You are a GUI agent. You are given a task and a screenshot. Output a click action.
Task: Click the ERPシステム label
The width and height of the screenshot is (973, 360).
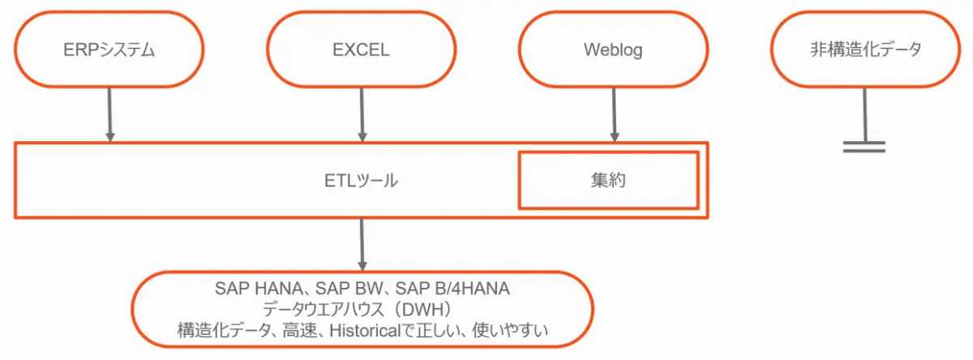pyautogui.click(x=109, y=50)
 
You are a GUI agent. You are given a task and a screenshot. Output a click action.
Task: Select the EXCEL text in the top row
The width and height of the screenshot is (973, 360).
pyautogui.click(x=361, y=50)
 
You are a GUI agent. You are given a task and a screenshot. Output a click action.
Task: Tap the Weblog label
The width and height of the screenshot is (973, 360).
pyautogui.click(x=613, y=50)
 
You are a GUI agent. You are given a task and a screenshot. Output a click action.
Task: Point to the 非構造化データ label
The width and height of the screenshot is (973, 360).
pyautogui.click(x=865, y=49)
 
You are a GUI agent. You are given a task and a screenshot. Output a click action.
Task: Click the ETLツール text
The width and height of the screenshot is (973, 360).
pyautogui.click(x=361, y=181)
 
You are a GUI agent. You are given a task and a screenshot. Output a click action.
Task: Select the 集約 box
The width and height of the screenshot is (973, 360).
pyautogui.click(x=609, y=180)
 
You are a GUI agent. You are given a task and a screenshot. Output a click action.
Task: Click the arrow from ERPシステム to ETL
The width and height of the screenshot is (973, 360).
pyautogui.click(x=109, y=114)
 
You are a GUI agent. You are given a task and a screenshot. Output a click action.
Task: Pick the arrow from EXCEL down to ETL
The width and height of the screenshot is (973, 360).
pyautogui.click(x=362, y=114)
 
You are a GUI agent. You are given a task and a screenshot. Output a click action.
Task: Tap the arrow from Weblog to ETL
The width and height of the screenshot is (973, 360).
pyautogui.click(x=614, y=114)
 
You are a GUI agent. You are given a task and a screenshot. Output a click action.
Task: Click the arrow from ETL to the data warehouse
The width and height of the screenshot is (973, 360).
pyautogui.click(x=362, y=245)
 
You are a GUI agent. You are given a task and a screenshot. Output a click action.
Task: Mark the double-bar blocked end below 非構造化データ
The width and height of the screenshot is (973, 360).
pyautogui.click(x=864, y=147)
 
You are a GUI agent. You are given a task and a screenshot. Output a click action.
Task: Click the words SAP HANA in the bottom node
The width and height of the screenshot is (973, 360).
pyautogui.click(x=259, y=289)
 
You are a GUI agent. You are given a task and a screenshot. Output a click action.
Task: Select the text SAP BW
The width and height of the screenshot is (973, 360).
pyautogui.click(x=349, y=289)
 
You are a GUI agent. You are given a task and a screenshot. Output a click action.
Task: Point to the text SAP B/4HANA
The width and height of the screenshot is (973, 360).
pyautogui.click(x=452, y=289)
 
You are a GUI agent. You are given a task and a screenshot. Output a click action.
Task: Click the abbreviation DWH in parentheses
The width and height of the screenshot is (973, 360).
pyautogui.click(x=426, y=310)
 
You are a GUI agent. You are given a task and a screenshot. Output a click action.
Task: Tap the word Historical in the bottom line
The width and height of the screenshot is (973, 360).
pyautogui.click(x=365, y=331)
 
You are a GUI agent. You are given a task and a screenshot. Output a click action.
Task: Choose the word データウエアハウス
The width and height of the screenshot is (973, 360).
pyautogui.click(x=324, y=310)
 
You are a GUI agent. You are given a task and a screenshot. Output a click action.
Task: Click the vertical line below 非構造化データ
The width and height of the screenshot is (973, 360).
pyautogui.click(x=865, y=114)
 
